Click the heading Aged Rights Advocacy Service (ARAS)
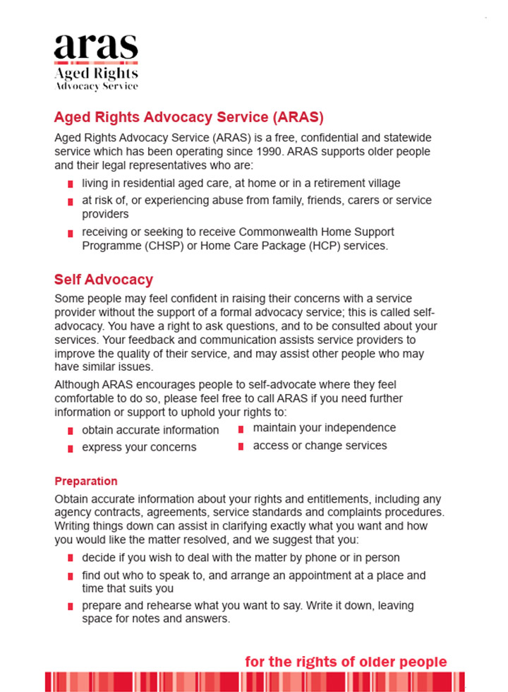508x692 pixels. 188,117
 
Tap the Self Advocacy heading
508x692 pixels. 103,280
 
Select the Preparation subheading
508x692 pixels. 86,482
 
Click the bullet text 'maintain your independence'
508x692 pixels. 324,428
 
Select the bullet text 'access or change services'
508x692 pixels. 320,446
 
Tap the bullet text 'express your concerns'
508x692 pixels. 139,447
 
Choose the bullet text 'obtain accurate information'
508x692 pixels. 150,430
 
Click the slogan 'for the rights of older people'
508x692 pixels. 346,662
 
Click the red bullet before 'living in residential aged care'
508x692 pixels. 71,184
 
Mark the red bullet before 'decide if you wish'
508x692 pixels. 71,559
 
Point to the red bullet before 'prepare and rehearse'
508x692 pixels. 71,607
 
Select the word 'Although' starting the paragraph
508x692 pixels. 76,385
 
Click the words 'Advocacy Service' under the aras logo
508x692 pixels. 96,86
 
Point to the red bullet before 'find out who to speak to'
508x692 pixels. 71,576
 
